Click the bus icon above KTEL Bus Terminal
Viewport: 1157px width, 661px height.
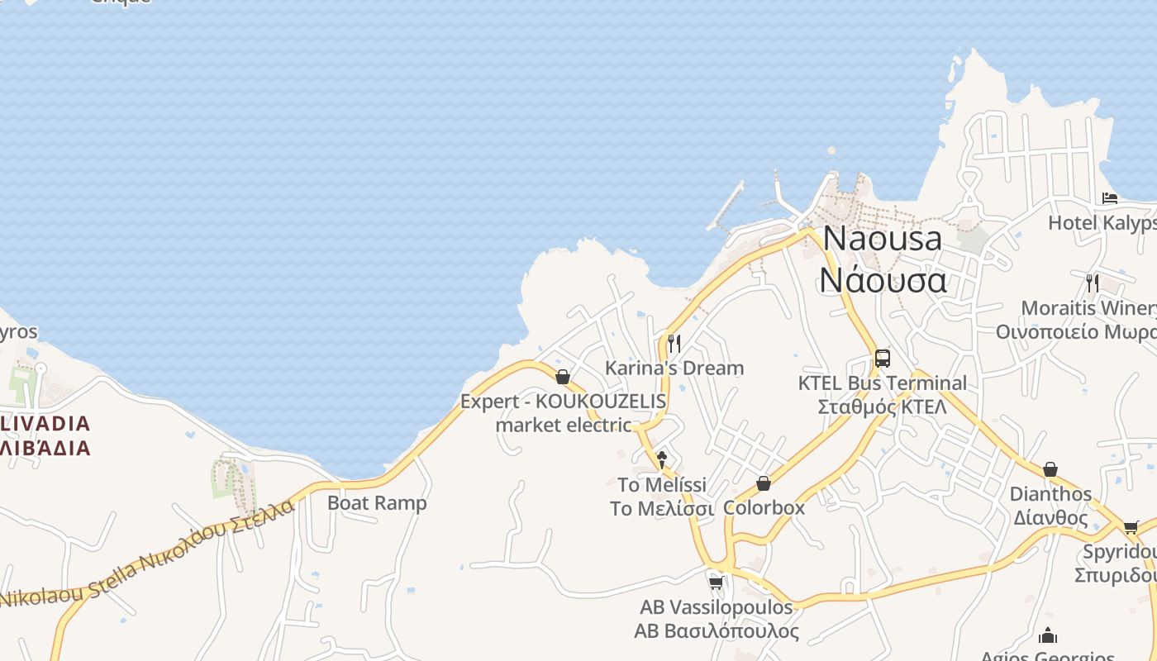click(x=882, y=359)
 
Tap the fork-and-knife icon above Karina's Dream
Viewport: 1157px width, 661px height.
click(x=674, y=343)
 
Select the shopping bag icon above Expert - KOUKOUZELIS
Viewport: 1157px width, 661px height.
click(x=563, y=377)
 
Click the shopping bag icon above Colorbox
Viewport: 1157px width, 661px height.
click(x=764, y=483)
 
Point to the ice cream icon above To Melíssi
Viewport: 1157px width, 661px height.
click(x=661, y=459)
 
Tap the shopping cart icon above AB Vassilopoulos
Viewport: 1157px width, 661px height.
click(x=716, y=583)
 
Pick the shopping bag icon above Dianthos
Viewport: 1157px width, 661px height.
click(x=1050, y=469)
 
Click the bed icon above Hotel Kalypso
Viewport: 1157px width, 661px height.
click(x=1110, y=198)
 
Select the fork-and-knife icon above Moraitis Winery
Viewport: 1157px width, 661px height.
click(x=1093, y=283)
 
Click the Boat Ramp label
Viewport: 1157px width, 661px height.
click(x=377, y=502)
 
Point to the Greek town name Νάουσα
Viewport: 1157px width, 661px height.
click(x=883, y=280)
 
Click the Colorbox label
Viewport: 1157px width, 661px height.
click(x=764, y=507)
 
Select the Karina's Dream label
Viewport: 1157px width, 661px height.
click(x=674, y=368)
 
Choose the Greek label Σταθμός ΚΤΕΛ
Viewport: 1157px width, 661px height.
click(x=882, y=407)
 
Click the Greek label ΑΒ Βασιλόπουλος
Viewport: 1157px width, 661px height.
click(x=716, y=631)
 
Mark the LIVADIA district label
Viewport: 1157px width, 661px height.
click(x=45, y=424)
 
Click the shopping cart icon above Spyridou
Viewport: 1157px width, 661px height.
click(x=1131, y=527)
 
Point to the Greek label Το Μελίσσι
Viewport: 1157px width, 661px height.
click(x=661, y=508)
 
